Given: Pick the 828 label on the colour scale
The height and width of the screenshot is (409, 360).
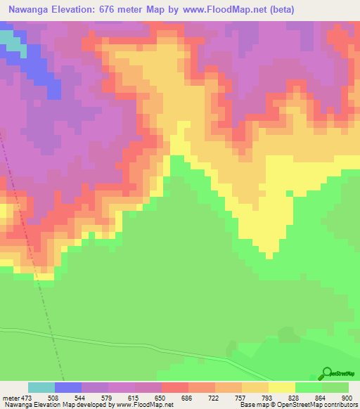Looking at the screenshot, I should (x=294, y=397).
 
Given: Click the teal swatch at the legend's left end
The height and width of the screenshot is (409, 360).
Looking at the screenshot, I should (x=41, y=387).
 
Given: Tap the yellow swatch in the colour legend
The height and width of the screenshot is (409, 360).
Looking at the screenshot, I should (x=281, y=387).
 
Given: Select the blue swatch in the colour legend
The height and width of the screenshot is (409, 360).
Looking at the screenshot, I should (x=67, y=387).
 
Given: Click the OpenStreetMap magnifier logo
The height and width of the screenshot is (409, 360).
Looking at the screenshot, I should (x=326, y=373).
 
